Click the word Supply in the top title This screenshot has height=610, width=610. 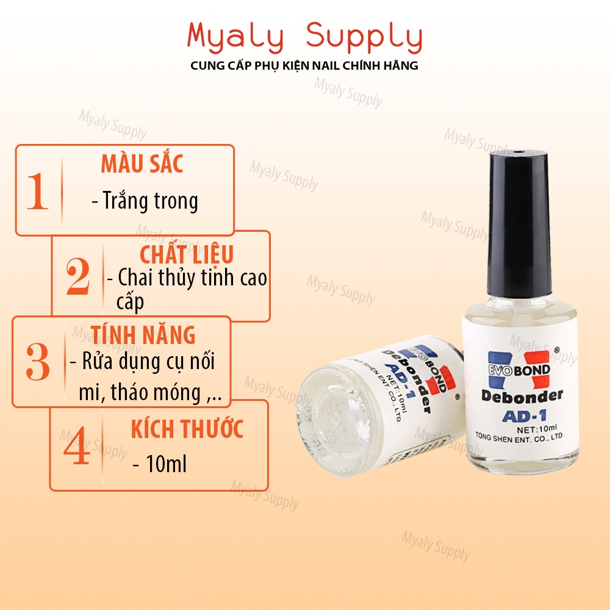click(x=364, y=38)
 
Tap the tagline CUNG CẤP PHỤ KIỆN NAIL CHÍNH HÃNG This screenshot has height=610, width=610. click(x=305, y=65)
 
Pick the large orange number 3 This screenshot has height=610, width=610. click(x=38, y=362)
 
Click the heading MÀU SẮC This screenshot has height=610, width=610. click(x=142, y=164)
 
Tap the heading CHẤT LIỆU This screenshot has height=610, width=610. click(x=187, y=254)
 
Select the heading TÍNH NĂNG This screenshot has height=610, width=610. click(x=143, y=335)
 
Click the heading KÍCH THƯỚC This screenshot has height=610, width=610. click(x=187, y=429)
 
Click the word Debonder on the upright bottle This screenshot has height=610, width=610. click(x=522, y=396)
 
